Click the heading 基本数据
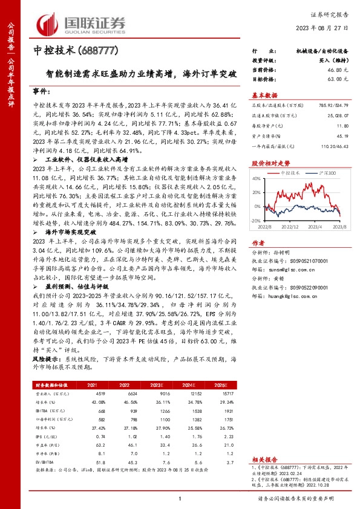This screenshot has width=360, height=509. click(x=265, y=95)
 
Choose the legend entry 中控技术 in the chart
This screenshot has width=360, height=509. click(x=292, y=173)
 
